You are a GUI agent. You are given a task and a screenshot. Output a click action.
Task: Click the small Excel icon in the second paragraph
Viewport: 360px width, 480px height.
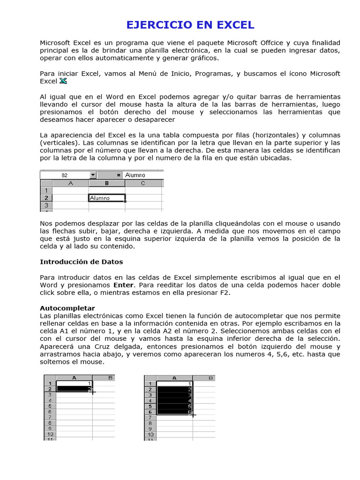click(x=63, y=81)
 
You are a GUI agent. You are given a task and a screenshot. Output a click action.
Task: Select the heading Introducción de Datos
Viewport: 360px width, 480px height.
click(x=81, y=262)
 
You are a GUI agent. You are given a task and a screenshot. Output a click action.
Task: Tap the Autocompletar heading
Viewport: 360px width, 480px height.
click(x=67, y=308)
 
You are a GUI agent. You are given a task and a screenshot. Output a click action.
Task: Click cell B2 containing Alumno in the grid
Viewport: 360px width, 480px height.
click(x=107, y=198)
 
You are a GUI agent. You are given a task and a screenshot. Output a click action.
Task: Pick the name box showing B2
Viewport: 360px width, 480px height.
click(x=64, y=175)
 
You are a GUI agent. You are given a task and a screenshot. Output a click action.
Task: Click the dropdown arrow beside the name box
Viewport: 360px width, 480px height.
click(x=93, y=175)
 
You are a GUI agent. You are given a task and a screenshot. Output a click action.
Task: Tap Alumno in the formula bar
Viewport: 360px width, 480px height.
click(x=135, y=175)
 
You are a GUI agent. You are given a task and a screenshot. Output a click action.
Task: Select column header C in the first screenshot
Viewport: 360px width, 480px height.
click(x=142, y=183)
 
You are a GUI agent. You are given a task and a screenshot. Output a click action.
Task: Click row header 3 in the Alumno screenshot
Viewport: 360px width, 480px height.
click(x=46, y=205)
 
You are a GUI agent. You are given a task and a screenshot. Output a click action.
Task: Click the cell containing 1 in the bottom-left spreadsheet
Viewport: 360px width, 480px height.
click(x=74, y=383)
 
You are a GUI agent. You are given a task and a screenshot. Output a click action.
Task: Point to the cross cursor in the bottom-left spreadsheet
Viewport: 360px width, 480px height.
click(x=92, y=391)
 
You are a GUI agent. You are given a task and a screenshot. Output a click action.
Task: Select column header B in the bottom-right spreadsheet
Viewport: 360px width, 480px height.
click(x=204, y=377)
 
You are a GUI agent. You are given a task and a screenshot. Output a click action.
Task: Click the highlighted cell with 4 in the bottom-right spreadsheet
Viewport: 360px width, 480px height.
click(x=175, y=400)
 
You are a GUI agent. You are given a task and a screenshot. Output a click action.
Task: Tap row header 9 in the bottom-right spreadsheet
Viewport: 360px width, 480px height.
click(x=150, y=428)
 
